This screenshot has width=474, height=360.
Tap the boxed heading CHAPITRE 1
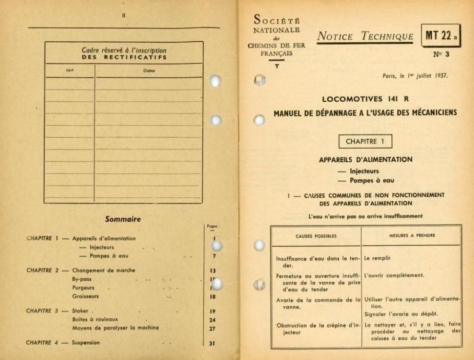coord(365,142)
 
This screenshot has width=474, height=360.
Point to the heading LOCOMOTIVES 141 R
coord(365,100)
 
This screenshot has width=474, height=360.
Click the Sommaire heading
coord(122,219)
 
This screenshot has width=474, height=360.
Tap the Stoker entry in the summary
coord(82,311)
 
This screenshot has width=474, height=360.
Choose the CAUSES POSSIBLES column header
coord(316,236)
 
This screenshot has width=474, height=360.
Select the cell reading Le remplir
coord(378,258)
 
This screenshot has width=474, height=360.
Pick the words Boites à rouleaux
coord(95,320)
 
